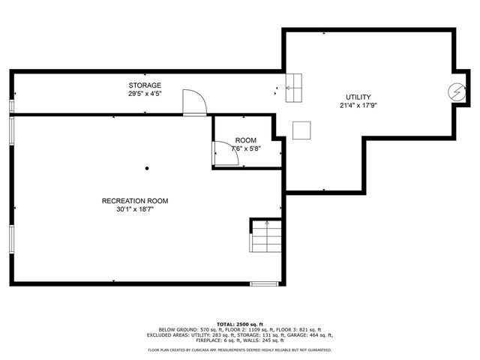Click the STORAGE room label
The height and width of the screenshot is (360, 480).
[145, 85]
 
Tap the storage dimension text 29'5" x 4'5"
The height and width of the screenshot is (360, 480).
[145, 94]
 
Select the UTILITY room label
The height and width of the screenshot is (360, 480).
[358, 97]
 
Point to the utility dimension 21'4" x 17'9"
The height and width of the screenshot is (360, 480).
[358, 106]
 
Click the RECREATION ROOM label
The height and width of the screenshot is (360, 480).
[135, 201]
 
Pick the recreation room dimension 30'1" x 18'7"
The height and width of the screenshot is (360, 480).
[135, 210]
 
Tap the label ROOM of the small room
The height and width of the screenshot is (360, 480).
[246, 140]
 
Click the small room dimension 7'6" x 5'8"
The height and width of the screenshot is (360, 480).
[246, 148]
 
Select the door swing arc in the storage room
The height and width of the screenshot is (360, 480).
[194, 100]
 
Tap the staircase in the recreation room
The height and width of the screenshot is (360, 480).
[265, 237]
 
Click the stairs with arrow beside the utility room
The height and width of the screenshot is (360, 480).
[293, 88]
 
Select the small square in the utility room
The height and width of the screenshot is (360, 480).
[302, 130]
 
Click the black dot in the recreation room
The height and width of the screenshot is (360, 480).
[147, 169]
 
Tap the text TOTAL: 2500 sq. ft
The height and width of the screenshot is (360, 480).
[240, 322]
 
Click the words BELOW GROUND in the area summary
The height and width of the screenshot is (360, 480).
[178, 329]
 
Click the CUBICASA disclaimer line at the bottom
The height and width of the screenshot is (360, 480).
[240, 349]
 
